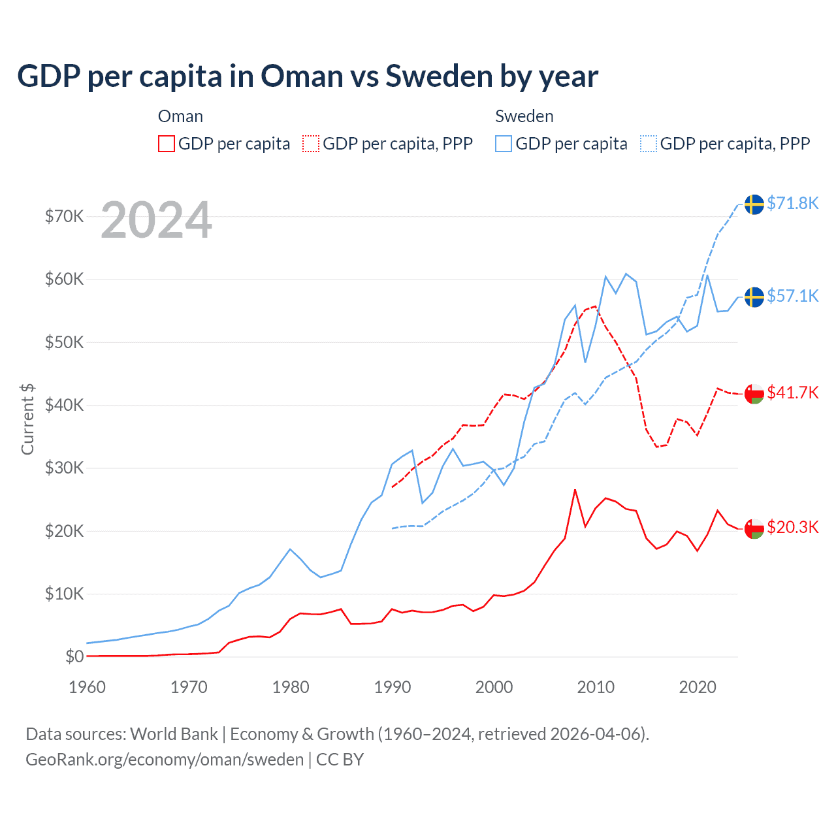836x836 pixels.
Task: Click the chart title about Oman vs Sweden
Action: pyautogui.click(x=308, y=76)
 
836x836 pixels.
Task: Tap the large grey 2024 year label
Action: pyautogui.click(x=156, y=220)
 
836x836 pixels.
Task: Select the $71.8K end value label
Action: pyautogui.click(x=792, y=203)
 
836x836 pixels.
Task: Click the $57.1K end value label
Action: pyautogui.click(x=792, y=296)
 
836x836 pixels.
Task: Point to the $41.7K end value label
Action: pyautogui.click(x=792, y=393)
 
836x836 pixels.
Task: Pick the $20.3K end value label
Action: pyautogui.click(x=792, y=527)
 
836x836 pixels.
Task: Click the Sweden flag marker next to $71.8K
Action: pyautogui.click(x=754, y=204)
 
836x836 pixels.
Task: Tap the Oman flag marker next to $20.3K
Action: pyautogui.click(x=754, y=528)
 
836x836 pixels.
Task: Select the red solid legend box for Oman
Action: pyautogui.click(x=167, y=144)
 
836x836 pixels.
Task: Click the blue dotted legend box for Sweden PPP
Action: pyautogui.click(x=649, y=144)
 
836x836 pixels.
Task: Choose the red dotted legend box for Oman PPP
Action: pyautogui.click(x=312, y=144)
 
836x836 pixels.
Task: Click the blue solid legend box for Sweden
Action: pyautogui.click(x=504, y=144)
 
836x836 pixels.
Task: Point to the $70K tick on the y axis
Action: pyautogui.click(x=64, y=216)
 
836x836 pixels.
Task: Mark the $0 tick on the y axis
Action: pyautogui.click(x=74, y=656)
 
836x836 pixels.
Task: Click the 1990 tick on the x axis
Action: pyautogui.click(x=393, y=687)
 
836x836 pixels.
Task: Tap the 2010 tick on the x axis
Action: pyautogui.click(x=596, y=687)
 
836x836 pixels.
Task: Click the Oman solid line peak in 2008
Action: pyautogui.click(x=575, y=490)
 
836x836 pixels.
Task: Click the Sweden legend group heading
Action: pyautogui.click(x=524, y=116)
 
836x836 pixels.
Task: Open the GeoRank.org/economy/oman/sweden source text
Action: pyautogui.click(x=165, y=760)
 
